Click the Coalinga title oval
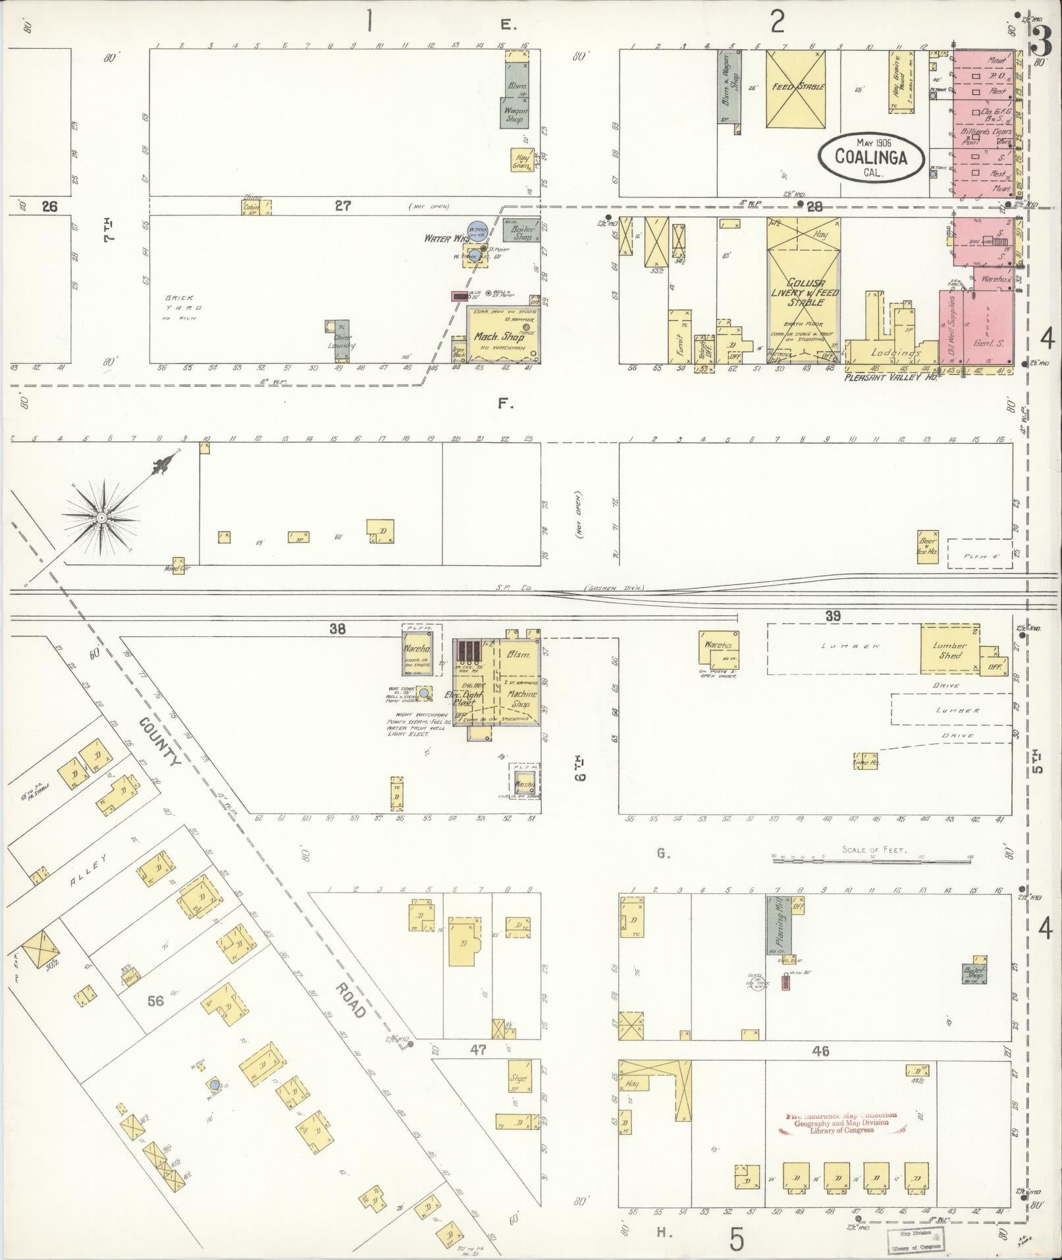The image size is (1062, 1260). [x=870, y=157]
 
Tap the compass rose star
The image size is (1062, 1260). [x=102, y=518]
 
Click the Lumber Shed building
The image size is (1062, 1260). [x=949, y=649]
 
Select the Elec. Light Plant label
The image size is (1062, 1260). [x=475, y=698]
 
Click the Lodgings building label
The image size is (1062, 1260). [x=895, y=352]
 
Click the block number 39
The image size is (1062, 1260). [x=833, y=615]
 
